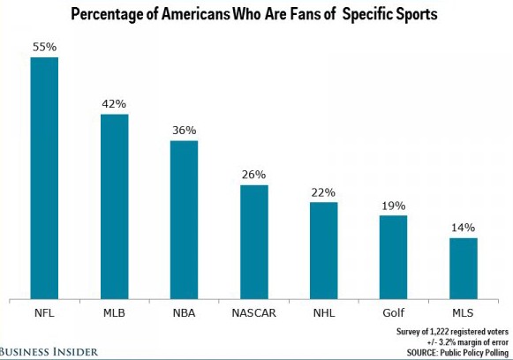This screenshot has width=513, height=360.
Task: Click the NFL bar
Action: pyautogui.click(x=45, y=177)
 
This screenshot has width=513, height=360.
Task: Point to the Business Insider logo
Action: pyautogui.click(x=49, y=351)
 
